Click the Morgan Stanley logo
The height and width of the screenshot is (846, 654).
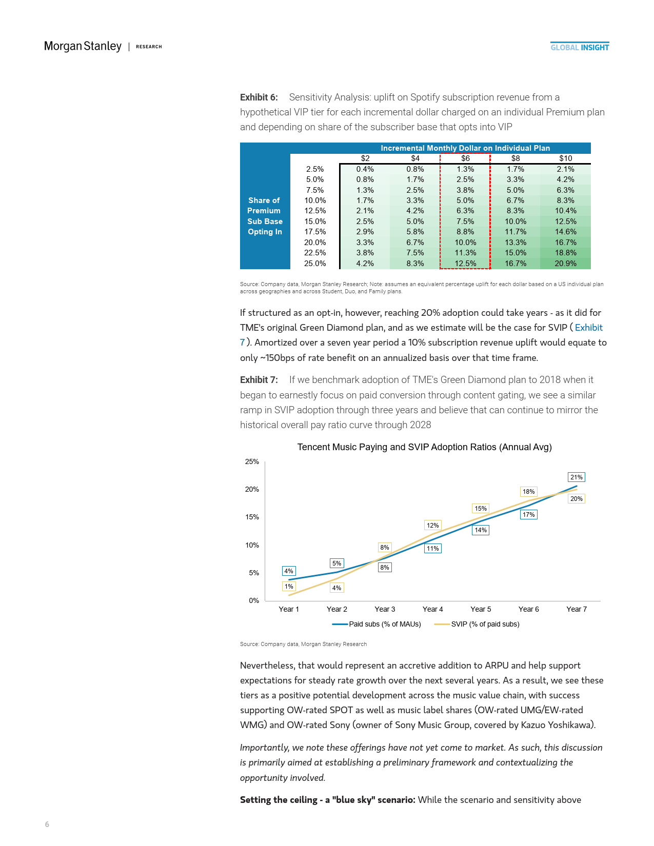pos(83,46)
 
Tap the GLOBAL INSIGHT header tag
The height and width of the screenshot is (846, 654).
pos(580,47)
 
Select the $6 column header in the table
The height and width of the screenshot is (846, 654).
pos(465,158)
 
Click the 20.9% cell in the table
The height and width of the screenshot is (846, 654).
pos(565,264)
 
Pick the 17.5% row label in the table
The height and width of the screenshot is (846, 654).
pos(315,232)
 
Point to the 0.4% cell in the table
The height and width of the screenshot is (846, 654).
pos(365,169)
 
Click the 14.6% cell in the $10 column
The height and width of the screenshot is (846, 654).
pos(565,232)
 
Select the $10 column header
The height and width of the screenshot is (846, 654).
pos(565,158)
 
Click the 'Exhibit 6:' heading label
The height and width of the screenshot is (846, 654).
pos(259,97)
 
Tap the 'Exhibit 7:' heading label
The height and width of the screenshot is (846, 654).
pos(259,380)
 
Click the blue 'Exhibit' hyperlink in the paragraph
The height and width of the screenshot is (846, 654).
pos(588,328)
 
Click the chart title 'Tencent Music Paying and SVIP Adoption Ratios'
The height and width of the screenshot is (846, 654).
pos(424,447)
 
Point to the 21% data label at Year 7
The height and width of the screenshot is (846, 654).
pos(577,477)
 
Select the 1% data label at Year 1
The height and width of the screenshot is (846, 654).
pos(289,587)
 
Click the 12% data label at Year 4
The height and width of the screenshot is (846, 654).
pos(432,526)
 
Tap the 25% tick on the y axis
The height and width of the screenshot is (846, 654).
pos(252,461)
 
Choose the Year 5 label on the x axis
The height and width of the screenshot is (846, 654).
pos(481,609)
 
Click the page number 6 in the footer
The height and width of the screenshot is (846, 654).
pos(47,824)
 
